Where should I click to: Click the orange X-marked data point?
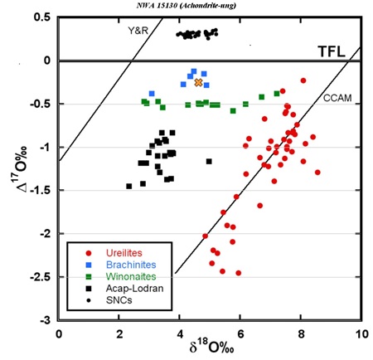coord(198,82)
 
